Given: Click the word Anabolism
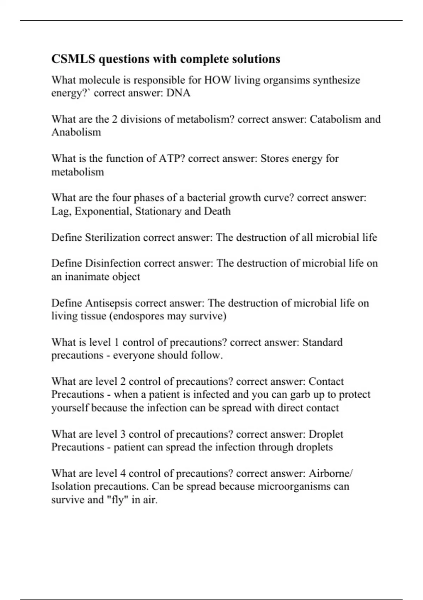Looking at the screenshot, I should (x=76, y=132).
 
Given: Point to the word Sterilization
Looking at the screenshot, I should (x=113, y=237).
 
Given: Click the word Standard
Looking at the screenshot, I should (x=323, y=342).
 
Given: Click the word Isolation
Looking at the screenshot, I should (x=71, y=486).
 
